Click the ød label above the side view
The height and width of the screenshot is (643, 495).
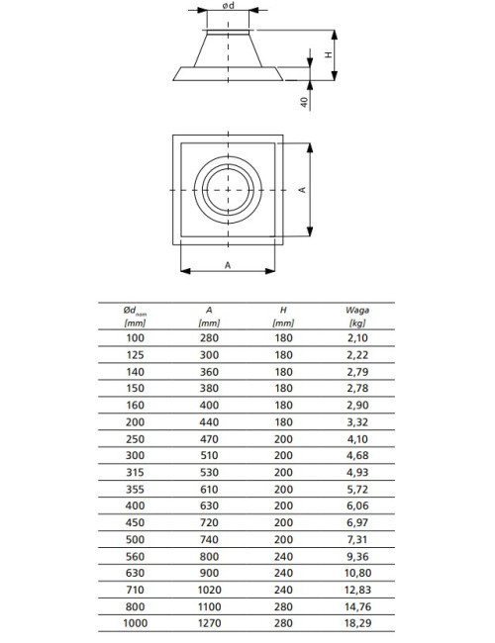click(229, 6)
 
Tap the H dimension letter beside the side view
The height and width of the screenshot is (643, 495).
click(329, 54)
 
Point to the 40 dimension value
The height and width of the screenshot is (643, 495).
click(304, 102)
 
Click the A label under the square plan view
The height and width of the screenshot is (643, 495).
click(228, 265)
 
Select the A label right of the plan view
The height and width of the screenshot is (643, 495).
click(302, 190)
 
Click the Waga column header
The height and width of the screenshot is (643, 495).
click(357, 310)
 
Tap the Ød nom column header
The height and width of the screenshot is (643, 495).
click(135, 311)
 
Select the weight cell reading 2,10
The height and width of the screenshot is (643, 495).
click(357, 338)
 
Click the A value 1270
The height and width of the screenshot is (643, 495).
click(209, 623)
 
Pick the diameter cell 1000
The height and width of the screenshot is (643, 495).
click(135, 623)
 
